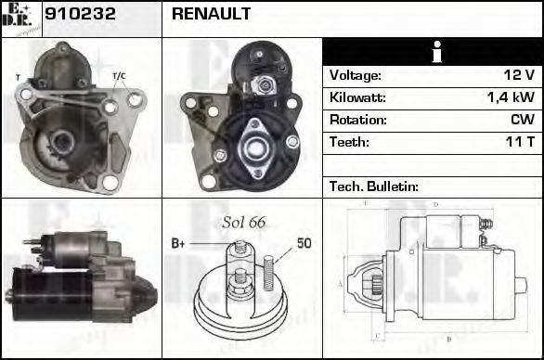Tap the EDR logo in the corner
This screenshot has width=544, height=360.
click(20, 18)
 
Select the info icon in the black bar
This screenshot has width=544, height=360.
click(432, 52)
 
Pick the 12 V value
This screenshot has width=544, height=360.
click(520, 75)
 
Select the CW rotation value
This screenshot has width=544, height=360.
click(522, 120)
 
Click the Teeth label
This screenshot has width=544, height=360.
click(349, 142)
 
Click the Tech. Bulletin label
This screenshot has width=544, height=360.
click(374, 186)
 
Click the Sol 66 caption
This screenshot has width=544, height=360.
click(244, 222)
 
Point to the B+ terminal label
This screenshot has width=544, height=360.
click(179, 245)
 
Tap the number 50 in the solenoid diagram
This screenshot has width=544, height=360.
click(304, 244)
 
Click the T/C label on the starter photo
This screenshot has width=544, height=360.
click(120, 75)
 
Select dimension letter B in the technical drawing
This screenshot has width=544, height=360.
click(449, 340)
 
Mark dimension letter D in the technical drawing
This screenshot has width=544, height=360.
click(435, 204)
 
